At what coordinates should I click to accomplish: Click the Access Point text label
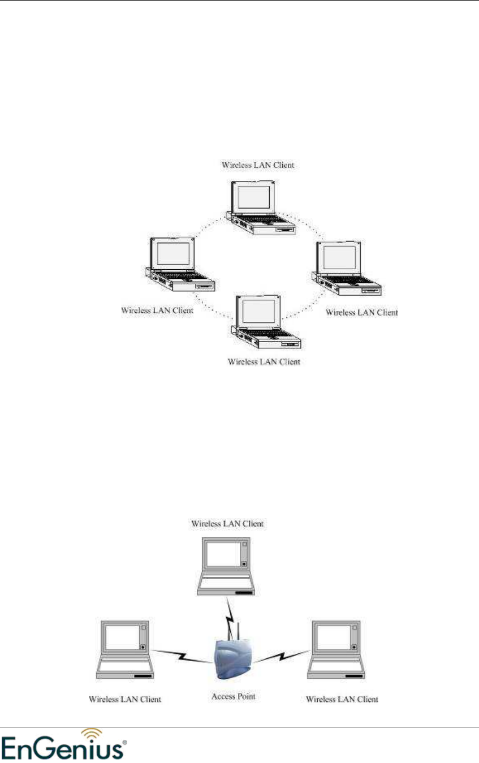coord(234,696)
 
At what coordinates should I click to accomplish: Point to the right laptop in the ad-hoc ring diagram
coord(346,269)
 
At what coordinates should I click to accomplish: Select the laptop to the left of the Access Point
coord(126,650)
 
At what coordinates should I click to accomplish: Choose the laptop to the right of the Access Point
coord(336,650)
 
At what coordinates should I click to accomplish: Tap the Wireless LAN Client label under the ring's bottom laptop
coord(264,361)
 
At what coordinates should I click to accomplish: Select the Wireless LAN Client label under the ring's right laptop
coord(362,312)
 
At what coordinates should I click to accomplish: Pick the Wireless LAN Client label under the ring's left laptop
coord(157,311)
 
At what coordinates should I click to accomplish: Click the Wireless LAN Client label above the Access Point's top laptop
coord(227,524)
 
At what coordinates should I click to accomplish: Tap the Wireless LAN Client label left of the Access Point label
coord(125,699)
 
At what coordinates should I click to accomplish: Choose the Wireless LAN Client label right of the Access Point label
coord(342,699)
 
